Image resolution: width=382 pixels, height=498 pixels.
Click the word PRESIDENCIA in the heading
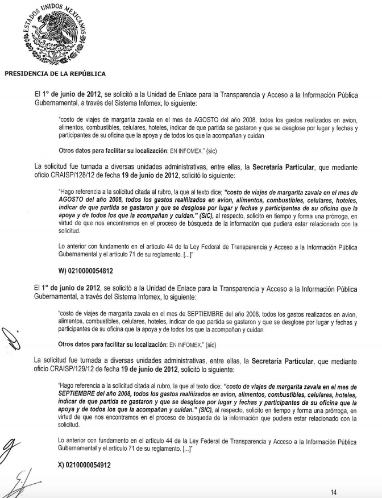tap(27, 74)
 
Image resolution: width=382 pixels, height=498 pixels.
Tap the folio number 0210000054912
tap(89, 465)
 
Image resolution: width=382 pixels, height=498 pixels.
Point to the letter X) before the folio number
tap(62, 465)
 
